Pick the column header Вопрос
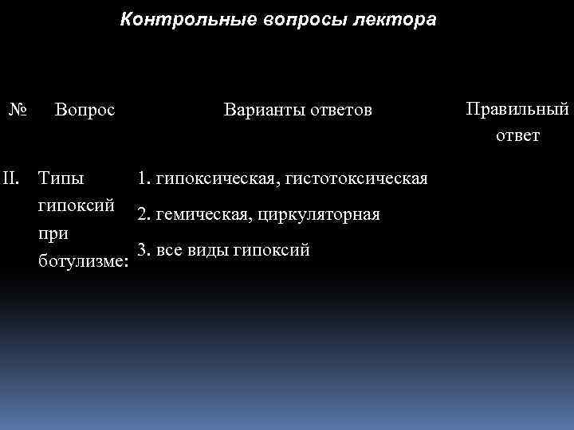[x=85, y=109]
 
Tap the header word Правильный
[x=517, y=109]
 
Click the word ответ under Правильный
[x=517, y=135]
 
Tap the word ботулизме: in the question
[x=84, y=261]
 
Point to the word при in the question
[x=53, y=233]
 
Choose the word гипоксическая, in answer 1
[x=212, y=178]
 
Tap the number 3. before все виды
[x=144, y=250]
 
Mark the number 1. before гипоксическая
[x=144, y=178]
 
